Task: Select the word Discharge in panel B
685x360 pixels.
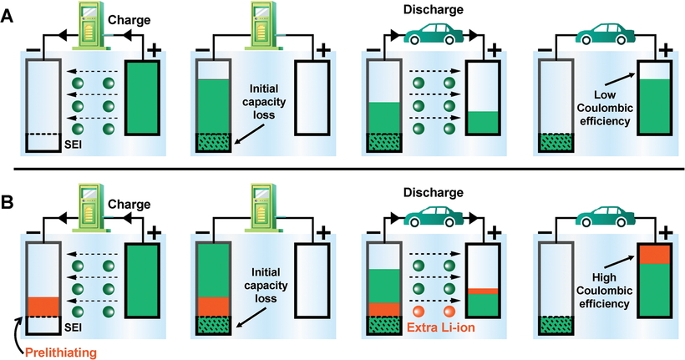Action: [434, 193]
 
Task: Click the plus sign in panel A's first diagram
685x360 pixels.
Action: [153, 49]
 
